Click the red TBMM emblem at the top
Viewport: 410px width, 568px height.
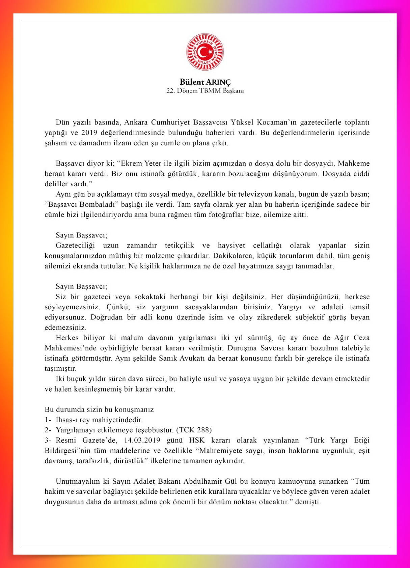pyautogui.click(x=205, y=52)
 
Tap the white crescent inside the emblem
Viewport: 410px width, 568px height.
pyautogui.click(x=203, y=52)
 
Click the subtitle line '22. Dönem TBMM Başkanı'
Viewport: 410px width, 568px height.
pyautogui.click(x=205, y=91)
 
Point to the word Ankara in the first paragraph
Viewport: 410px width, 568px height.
pyautogui.click(x=136, y=122)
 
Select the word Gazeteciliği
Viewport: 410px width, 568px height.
pyautogui.click(x=75, y=246)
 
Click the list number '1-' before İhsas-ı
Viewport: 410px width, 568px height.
pyautogui.click(x=48, y=420)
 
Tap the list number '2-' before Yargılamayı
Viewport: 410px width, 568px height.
pyautogui.click(x=48, y=430)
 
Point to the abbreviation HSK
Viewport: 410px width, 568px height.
pyautogui.click(x=197, y=441)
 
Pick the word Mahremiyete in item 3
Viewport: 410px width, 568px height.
pyautogui.click(x=219, y=451)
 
